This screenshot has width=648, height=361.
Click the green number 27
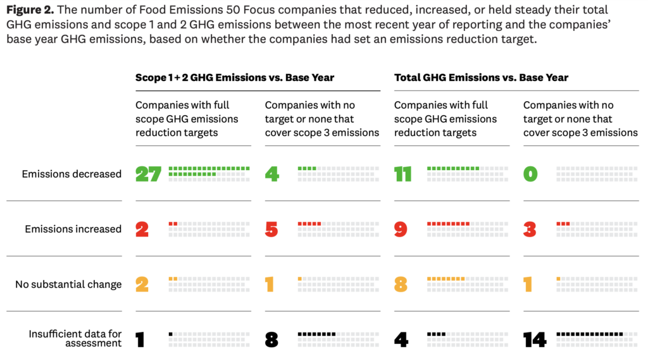click(149, 174)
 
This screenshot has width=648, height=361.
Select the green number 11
click(403, 174)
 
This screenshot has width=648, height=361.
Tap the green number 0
click(530, 174)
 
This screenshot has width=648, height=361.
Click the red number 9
click(401, 229)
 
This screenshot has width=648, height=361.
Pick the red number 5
click(271, 229)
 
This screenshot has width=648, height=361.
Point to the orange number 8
click(401, 285)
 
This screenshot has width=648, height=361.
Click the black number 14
click(535, 340)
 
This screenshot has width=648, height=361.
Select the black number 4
click(401, 340)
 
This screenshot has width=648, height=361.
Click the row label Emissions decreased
click(72, 174)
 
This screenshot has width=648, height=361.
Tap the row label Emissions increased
click(73, 229)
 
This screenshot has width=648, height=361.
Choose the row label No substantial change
click(68, 285)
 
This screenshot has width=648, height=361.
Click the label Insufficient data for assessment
click(75, 339)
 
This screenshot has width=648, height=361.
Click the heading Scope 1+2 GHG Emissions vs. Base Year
click(235, 78)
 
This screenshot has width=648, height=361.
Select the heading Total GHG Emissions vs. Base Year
click(481, 78)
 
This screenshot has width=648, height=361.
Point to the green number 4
click(271, 174)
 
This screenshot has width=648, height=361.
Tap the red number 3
click(530, 229)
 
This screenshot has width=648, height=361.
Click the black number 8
click(271, 340)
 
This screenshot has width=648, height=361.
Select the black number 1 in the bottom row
click(140, 340)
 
